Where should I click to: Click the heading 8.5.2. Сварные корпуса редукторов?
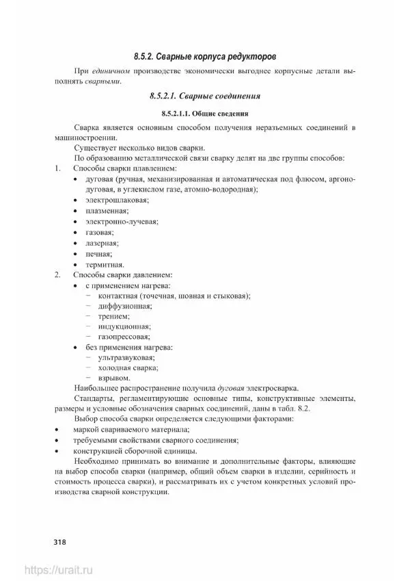point(204,55)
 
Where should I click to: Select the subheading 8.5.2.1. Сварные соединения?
point(204,96)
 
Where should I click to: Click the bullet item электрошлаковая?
point(117,200)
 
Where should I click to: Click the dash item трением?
point(114,317)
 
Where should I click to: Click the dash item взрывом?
point(114,377)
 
